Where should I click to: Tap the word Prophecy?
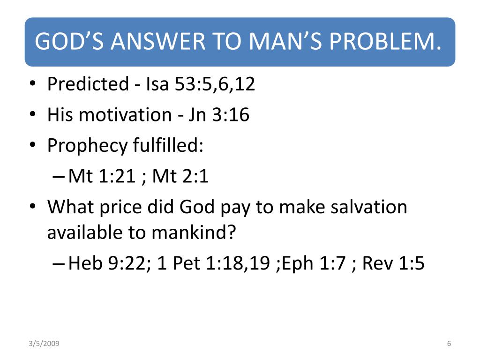click(x=87, y=146)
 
